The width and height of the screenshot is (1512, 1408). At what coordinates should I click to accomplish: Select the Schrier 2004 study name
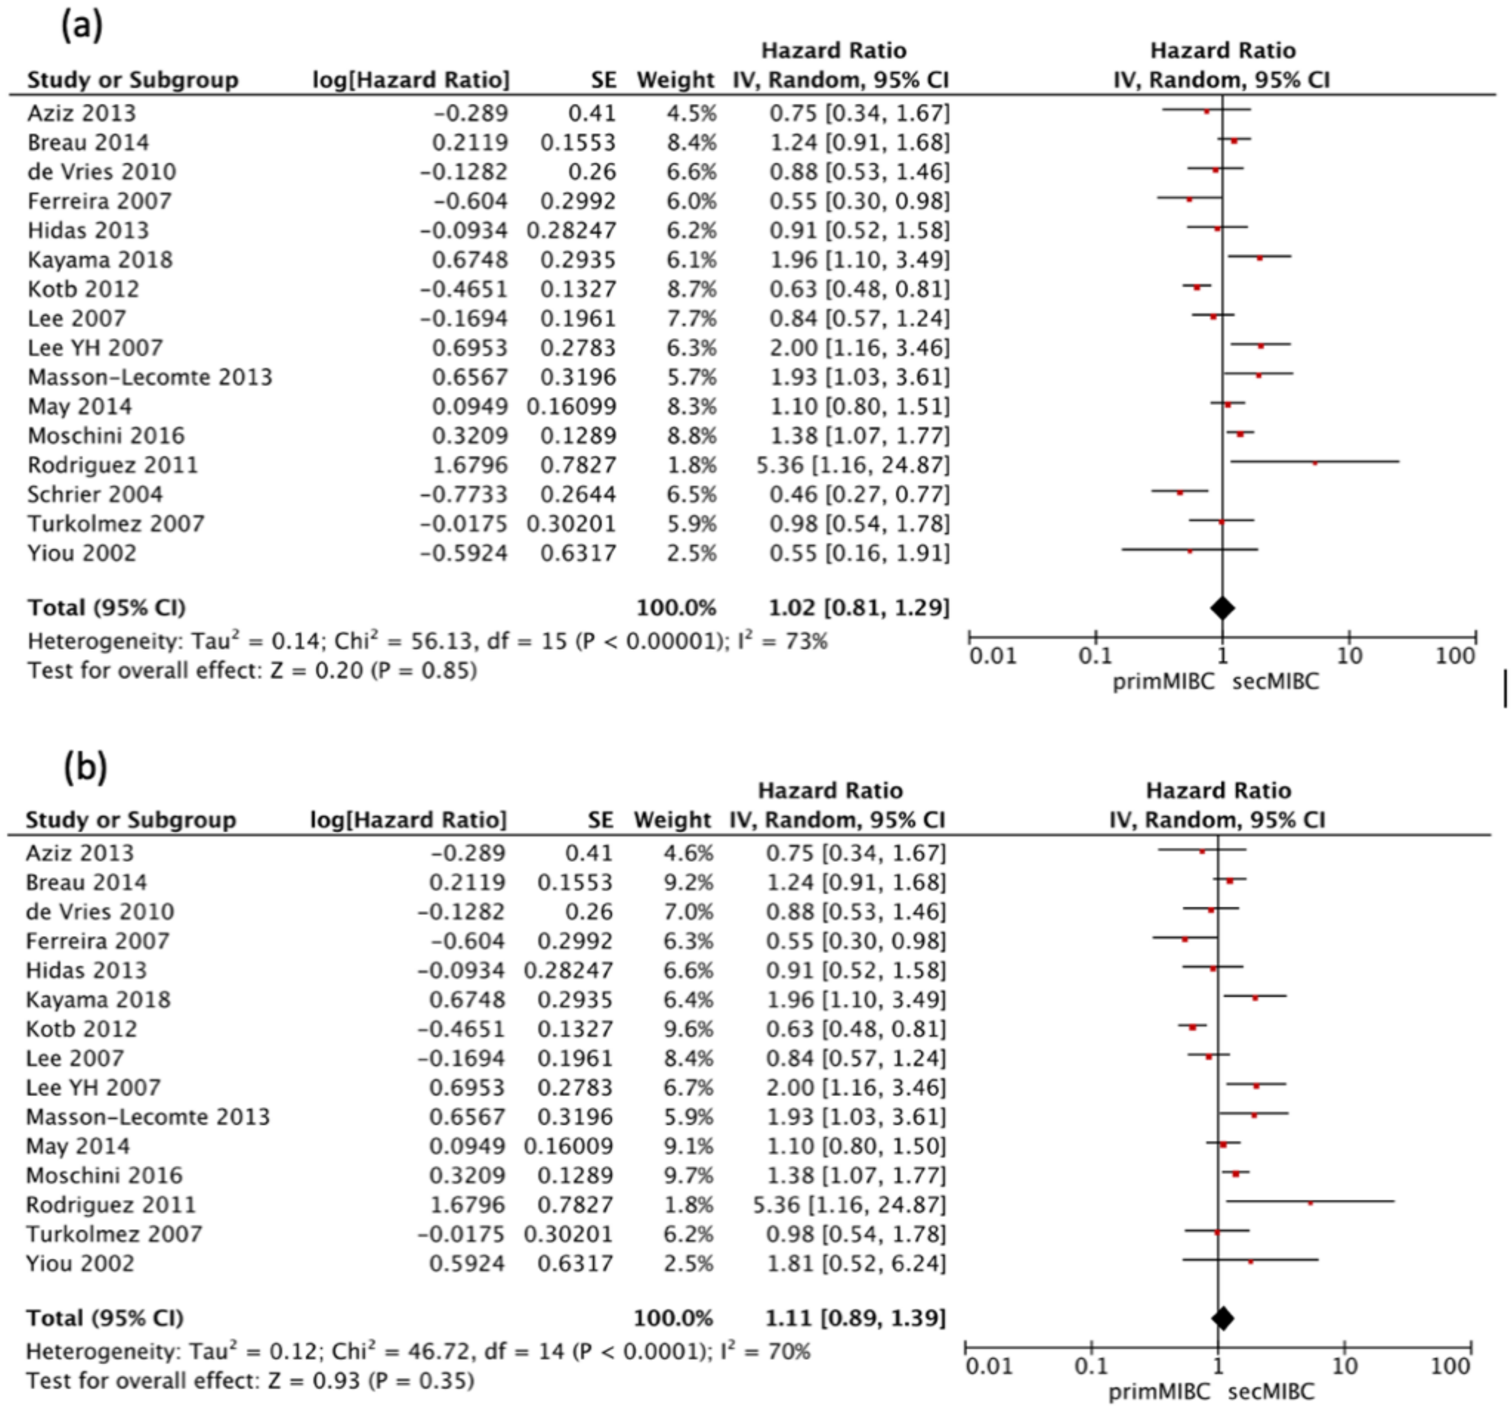95,494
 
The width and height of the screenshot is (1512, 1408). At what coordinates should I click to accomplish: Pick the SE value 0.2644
578,494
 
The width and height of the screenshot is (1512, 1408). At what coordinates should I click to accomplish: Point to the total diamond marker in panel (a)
1222,607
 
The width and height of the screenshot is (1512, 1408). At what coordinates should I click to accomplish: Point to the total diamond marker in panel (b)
1222,1318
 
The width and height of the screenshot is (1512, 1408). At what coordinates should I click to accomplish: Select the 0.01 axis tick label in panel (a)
992,656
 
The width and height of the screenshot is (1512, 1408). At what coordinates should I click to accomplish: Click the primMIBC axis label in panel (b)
1159,1392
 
